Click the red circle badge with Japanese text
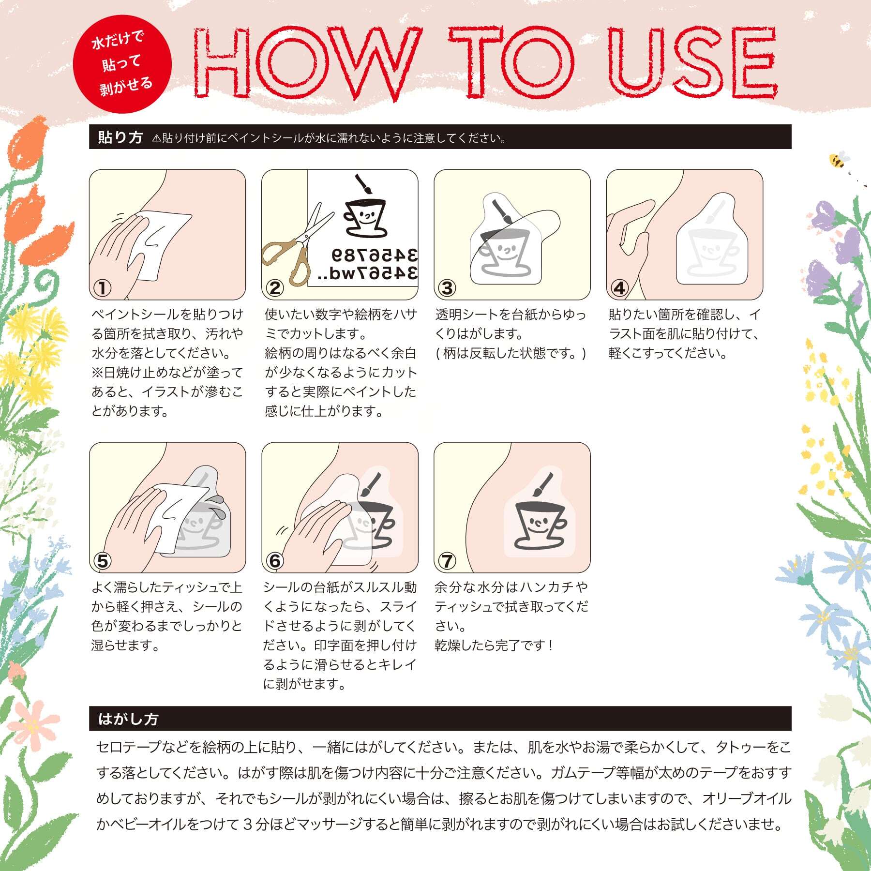coord(122,64)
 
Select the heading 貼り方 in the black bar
coord(120,137)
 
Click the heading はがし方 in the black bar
coord(128,719)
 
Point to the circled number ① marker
coord(102,288)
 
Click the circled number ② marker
coord(274,288)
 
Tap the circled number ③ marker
coord(447,288)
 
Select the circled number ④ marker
coord(619,288)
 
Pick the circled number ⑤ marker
coord(102,561)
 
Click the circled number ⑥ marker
coord(274,561)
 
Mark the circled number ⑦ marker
coord(447,561)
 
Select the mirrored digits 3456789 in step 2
coord(375,255)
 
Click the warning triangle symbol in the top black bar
coord(156,138)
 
